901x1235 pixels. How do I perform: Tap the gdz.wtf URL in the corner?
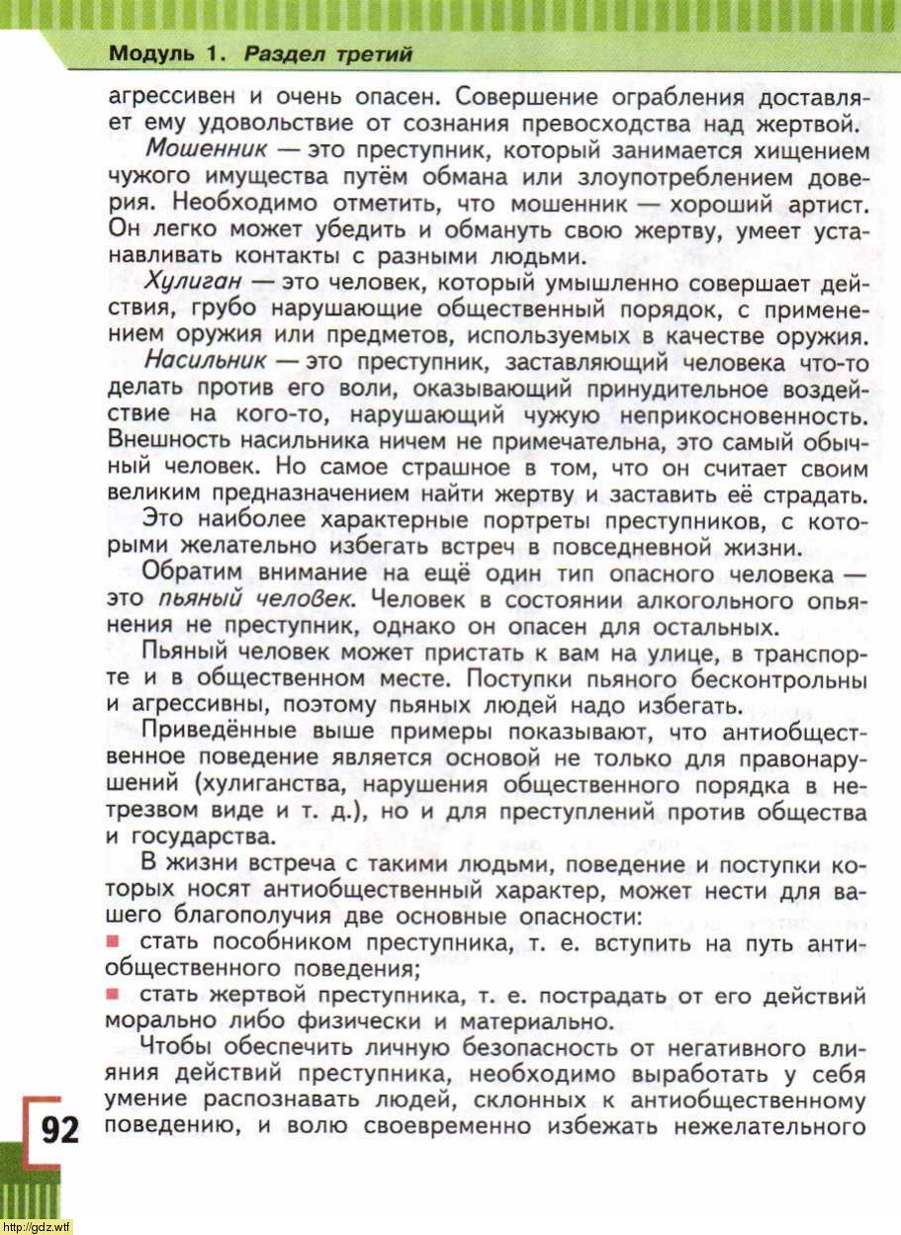point(37,1227)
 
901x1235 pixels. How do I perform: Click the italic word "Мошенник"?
point(206,151)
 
